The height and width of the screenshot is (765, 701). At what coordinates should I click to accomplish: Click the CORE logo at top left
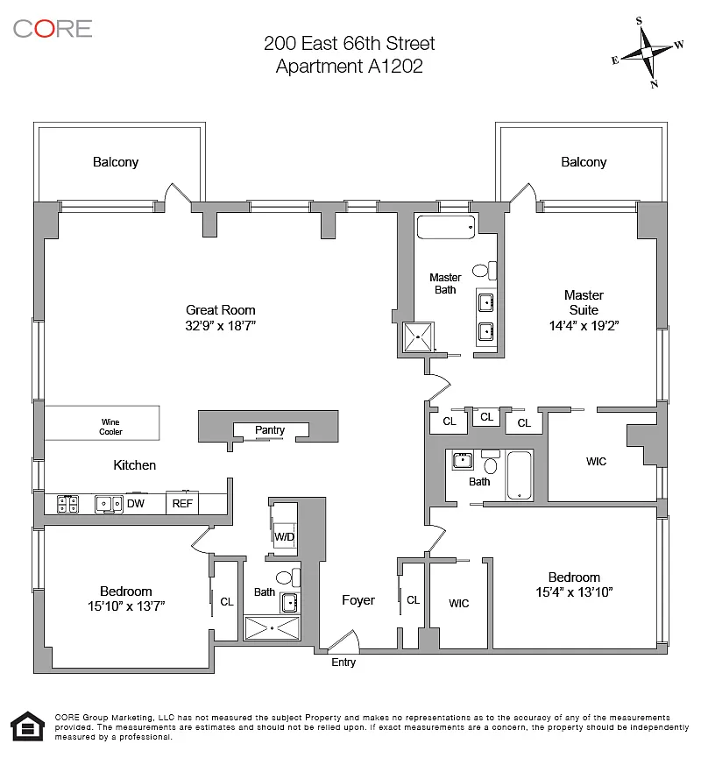point(53,28)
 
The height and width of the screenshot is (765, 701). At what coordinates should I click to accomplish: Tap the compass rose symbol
point(648,53)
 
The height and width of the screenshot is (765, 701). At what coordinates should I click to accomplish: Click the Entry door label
point(343,662)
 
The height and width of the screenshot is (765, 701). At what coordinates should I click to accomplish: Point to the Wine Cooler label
point(110,427)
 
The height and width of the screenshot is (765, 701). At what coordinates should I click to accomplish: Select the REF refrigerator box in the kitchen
point(182,504)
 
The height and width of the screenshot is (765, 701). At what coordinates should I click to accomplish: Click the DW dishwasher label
point(135,504)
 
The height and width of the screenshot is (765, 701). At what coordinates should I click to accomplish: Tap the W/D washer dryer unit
point(285,535)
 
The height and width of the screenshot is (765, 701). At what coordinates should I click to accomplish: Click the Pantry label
point(270,430)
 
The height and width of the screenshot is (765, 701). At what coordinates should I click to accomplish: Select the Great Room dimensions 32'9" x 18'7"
point(221,325)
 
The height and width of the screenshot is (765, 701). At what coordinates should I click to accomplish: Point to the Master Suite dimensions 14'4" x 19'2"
point(584,325)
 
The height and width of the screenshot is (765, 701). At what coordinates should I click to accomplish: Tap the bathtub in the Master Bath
point(445,227)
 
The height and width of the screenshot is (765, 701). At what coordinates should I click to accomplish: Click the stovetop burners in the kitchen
point(68,504)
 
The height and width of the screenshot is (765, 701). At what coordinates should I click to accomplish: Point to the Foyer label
point(358,600)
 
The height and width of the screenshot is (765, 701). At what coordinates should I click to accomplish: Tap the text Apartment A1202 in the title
point(350,67)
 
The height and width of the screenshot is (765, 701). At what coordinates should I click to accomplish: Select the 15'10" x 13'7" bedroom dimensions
point(126,606)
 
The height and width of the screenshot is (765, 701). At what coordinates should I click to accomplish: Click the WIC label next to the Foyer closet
point(458,603)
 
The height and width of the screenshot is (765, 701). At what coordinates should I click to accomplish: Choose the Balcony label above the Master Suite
point(584,162)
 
